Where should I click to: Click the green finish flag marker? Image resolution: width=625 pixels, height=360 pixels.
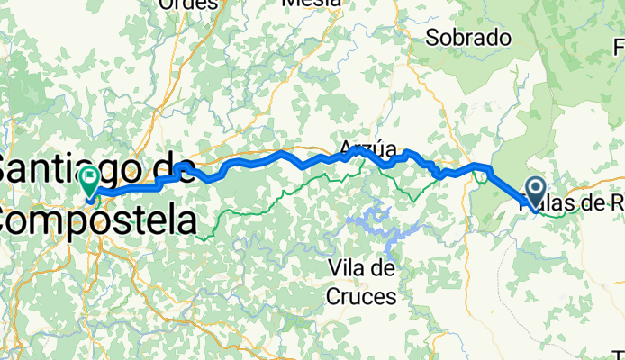[90, 180]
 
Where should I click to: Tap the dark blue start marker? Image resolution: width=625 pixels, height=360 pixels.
[534, 190]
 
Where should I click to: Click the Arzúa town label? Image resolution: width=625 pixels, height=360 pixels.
[367, 148]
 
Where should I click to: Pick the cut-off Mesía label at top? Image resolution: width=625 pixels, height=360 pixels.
[312, 3]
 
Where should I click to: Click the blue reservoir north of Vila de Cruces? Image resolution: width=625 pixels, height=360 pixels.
[373, 220]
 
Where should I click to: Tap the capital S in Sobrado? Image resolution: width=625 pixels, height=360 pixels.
[433, 39]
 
